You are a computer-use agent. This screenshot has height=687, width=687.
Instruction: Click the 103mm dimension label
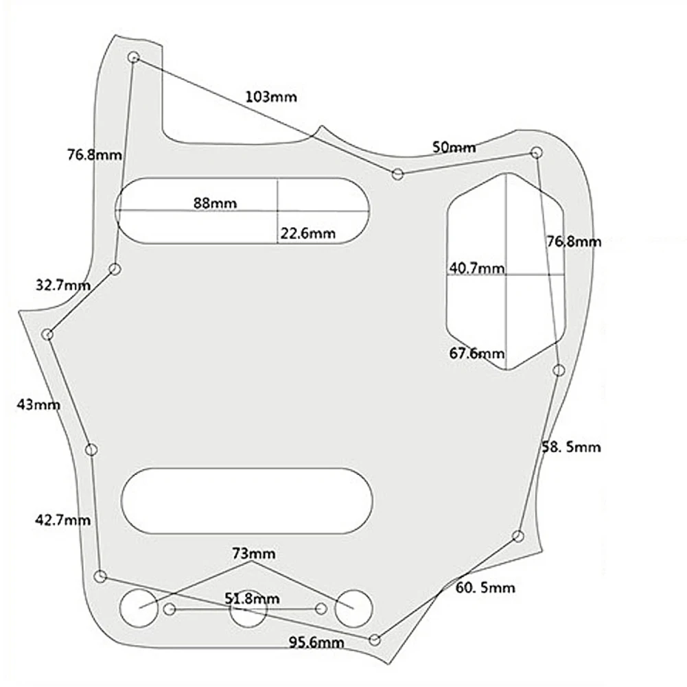pyautogui.click(x=271, y=96)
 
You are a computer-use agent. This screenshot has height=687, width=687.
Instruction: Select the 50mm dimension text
pyautogui.click(x=454, y=147)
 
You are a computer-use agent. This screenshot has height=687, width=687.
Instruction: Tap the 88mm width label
pyautogui.click(x=215, y=203)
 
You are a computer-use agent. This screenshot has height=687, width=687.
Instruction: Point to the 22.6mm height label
pyautogui.click(x=307, y=233)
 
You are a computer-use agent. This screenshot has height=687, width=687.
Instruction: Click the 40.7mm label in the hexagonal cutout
pyautogui.click(x=477, y=268)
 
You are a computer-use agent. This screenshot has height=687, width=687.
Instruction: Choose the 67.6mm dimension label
pyautogui.click(x=477, y=353)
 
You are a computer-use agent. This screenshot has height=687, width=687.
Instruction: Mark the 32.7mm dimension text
pyautogui.click(x=63, y=286)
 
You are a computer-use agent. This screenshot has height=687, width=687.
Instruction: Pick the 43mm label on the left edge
pyautogui.click(x=38, y=404)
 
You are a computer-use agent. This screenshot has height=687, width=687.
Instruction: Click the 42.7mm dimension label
pyautogui.click(x=62, y=520)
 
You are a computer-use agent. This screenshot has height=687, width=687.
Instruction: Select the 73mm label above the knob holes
pyautogui.click(x=254, y=554)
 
